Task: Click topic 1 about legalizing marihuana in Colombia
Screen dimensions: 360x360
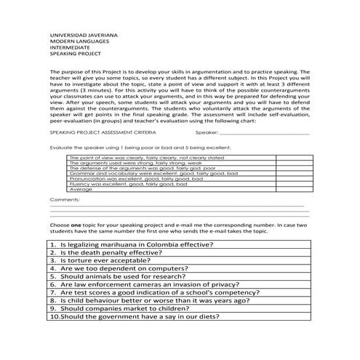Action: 145,246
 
